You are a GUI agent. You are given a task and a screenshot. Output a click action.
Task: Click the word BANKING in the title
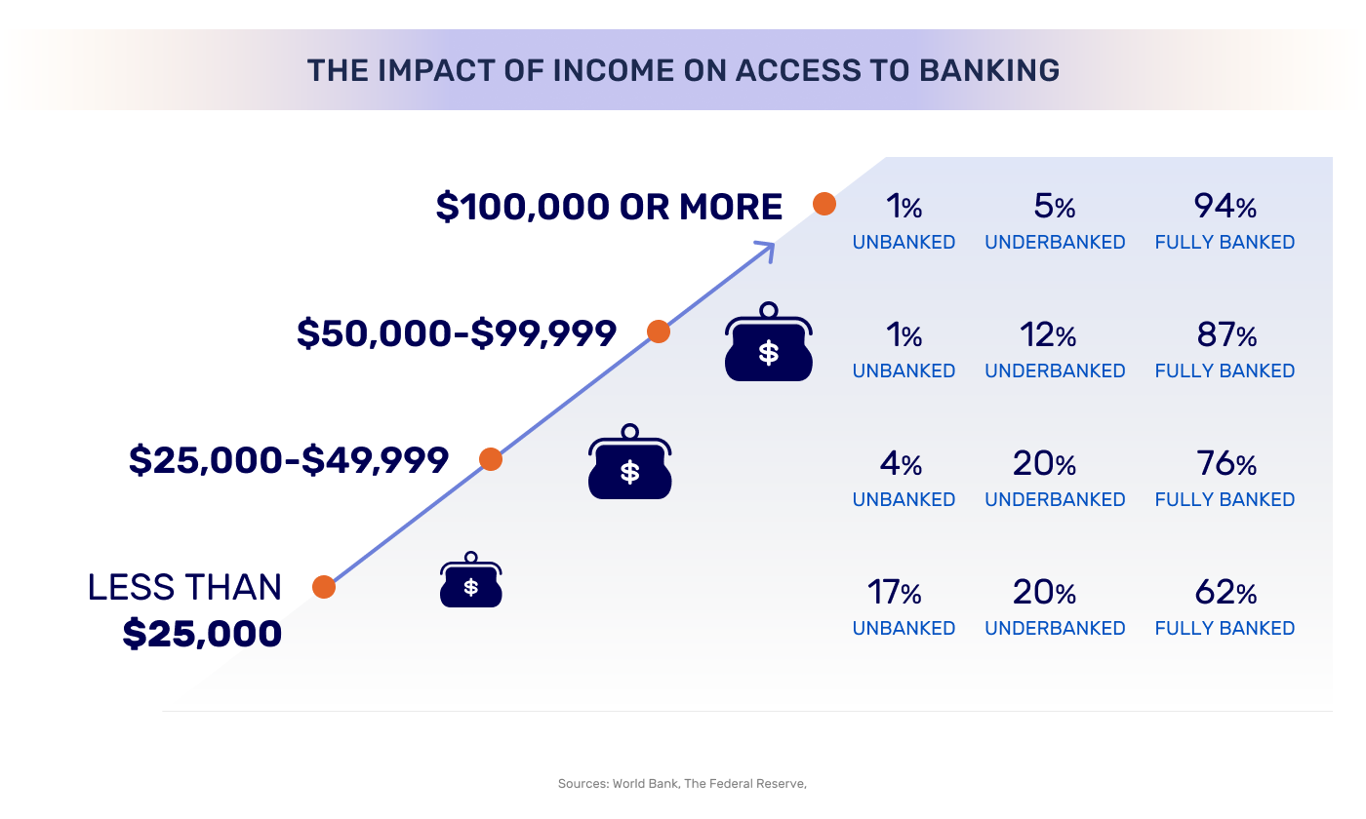point(989,70)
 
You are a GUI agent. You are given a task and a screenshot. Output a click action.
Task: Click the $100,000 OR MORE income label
point(609,207)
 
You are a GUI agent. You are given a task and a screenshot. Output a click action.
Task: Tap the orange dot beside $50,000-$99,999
point(659,331)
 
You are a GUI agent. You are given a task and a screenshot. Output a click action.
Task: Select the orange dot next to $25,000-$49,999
point(491,459)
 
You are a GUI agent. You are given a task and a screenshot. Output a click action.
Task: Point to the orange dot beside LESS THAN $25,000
point(324,587)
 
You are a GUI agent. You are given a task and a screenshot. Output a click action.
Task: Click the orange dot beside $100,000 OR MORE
point(824,204)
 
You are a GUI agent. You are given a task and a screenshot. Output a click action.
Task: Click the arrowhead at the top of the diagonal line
point(767,250)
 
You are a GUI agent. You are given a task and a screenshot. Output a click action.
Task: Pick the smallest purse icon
point(470,579)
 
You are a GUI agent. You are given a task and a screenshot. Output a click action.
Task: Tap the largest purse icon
point(769,342)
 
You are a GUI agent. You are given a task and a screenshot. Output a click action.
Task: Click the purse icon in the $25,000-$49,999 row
point(630,462)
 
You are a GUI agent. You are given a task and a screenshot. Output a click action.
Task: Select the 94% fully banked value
point(1225,207)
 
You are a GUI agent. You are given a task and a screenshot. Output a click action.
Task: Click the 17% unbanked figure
point(894,593)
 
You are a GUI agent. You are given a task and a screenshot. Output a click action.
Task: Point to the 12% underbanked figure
point(1048,335)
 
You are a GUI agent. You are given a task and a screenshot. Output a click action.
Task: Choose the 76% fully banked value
point(1226,464)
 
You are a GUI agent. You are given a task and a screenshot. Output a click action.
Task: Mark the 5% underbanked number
point(1055,207)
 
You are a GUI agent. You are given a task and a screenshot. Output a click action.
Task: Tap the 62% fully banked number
point(1225,593)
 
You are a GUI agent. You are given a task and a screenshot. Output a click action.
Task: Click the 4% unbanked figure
point(901,464)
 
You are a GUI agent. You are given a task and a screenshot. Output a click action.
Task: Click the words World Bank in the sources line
point(645,784)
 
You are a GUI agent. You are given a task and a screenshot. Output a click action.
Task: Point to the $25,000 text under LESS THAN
point(202,634)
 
